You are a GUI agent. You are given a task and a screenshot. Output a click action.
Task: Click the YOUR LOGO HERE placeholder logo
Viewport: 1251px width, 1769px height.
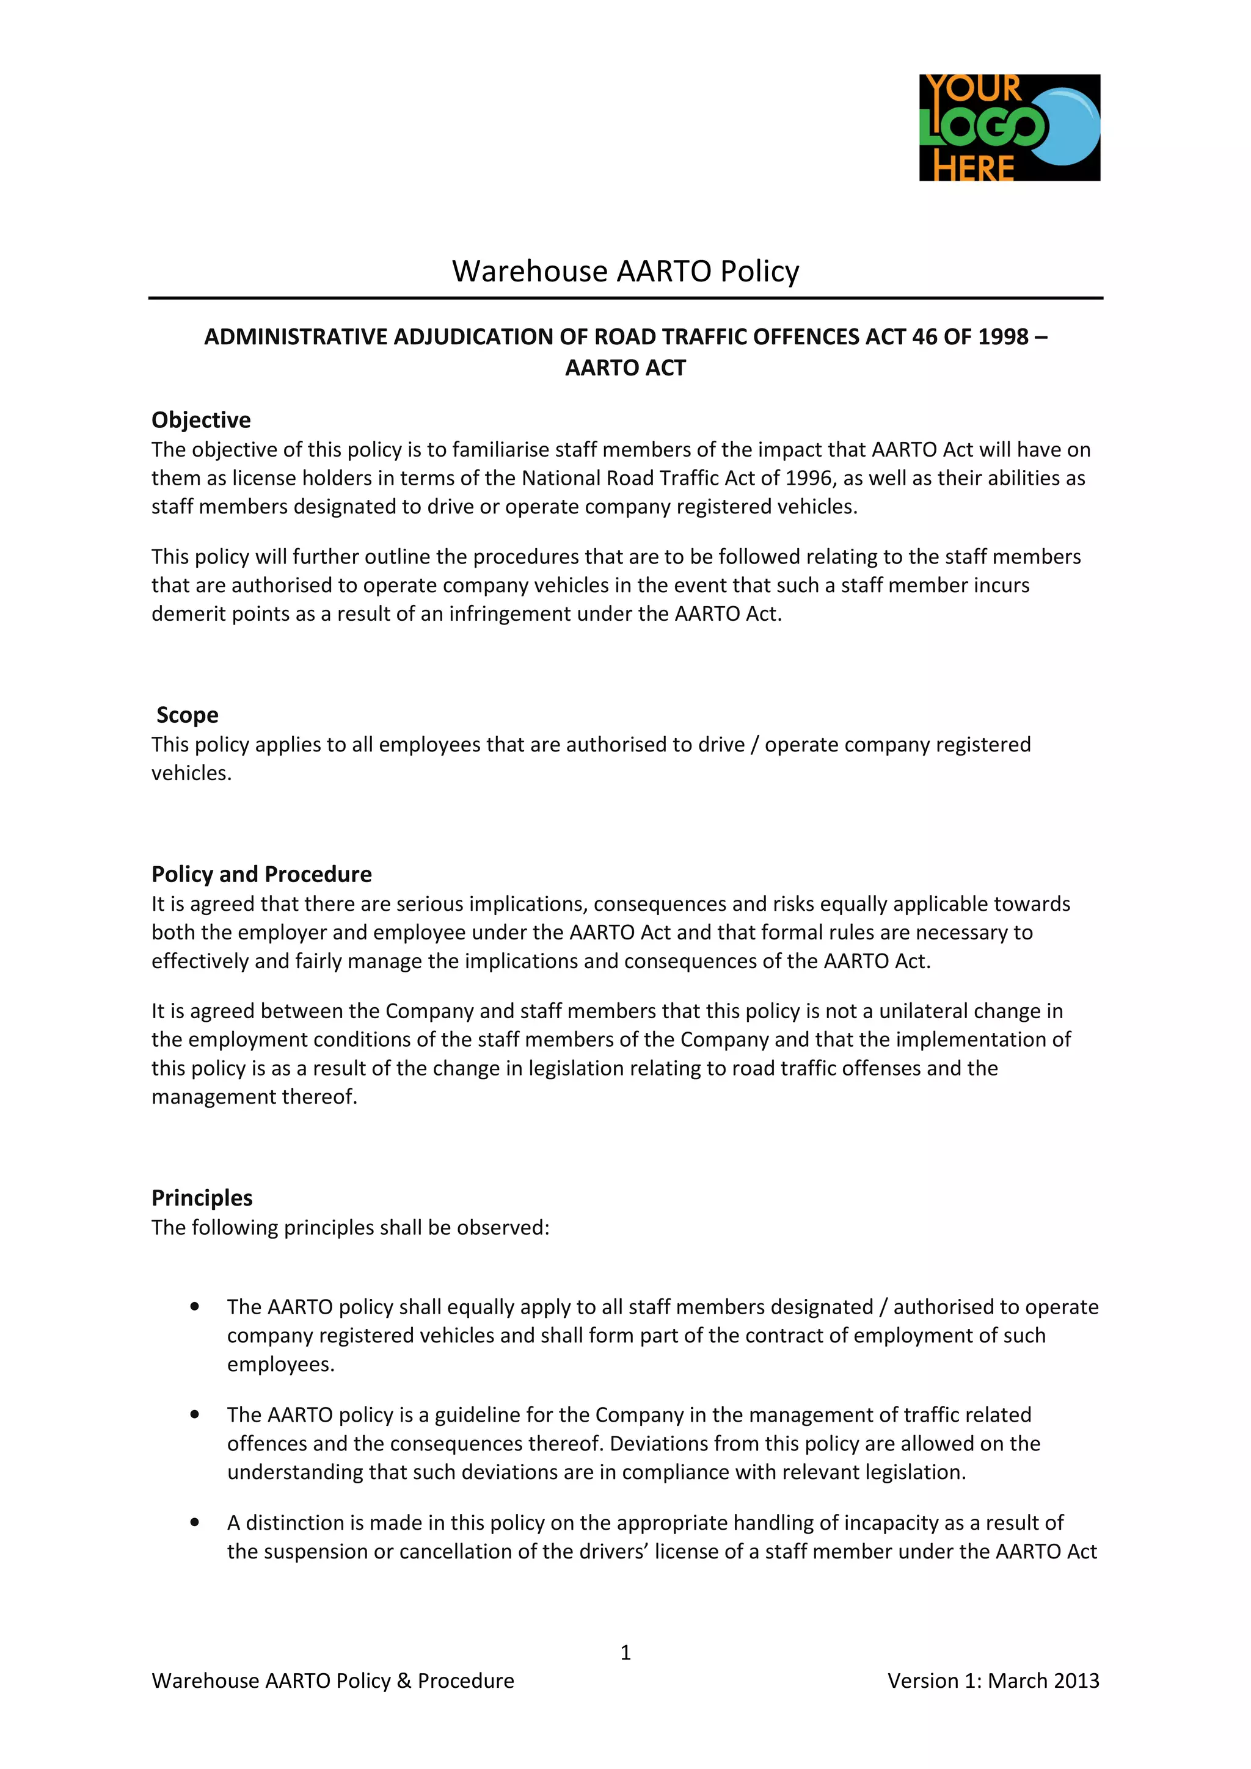(x=1009, y=128)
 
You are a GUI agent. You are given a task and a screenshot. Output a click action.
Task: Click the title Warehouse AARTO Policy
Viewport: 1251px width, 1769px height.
(x=625, y=271)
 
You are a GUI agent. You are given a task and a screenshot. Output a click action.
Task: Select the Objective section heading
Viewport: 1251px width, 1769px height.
(x=201, y=420)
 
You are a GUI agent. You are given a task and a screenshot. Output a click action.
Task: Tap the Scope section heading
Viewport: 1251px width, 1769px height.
(x=188, y=715)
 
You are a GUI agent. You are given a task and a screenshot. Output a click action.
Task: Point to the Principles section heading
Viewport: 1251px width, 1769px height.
(x=202, y=1198)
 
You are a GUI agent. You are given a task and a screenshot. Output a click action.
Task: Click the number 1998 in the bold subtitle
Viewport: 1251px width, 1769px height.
(x=1004, y=337)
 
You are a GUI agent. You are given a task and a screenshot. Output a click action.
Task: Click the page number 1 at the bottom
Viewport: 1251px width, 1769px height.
(x=625, y=1652)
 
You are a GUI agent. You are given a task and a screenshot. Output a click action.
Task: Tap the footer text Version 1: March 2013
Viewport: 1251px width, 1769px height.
(x=993, y=1680)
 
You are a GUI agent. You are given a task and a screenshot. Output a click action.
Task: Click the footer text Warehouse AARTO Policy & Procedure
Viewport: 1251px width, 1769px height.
(x=333, y=1680)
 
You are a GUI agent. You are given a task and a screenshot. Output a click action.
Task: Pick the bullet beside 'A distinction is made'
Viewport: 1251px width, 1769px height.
(x=195, y=1522)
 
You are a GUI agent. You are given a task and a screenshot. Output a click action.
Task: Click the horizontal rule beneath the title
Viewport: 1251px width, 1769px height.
(x=625, y=297)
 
